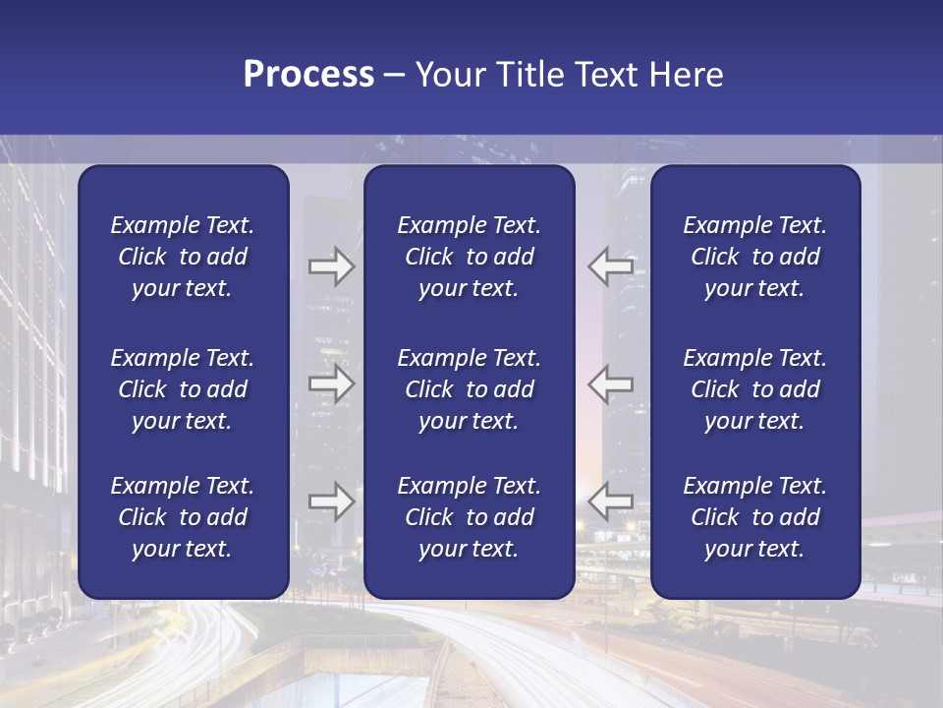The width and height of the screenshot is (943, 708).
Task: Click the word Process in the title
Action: coord(308,75)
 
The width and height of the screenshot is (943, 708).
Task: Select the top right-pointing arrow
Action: coord(331,266)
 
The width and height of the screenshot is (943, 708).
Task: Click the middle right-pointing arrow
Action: coord(331,383)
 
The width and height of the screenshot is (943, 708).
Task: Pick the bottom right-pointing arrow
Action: coord(331,501)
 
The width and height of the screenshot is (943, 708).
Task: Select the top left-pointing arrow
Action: coord(611,266)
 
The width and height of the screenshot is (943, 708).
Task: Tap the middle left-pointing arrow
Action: coord(611,383)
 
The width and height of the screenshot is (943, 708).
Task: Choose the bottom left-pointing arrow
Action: coord(611,501)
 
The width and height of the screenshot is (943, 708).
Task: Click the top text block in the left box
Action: coord(183,257)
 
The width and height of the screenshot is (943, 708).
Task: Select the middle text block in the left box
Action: coord(183,389)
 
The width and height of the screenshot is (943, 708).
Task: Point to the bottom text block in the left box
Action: coord(183,517)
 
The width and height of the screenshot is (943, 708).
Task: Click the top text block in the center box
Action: coord(469,257)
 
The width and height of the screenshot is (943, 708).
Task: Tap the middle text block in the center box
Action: coord(469,389)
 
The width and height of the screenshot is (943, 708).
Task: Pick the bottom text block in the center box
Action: coord(469,517)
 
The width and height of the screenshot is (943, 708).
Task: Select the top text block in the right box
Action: coord(754,257)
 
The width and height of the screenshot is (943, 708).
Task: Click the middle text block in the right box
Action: coord(754,389)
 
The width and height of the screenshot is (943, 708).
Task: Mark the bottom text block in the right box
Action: coord(754,517)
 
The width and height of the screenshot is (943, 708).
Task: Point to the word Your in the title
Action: coord(447,75)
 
